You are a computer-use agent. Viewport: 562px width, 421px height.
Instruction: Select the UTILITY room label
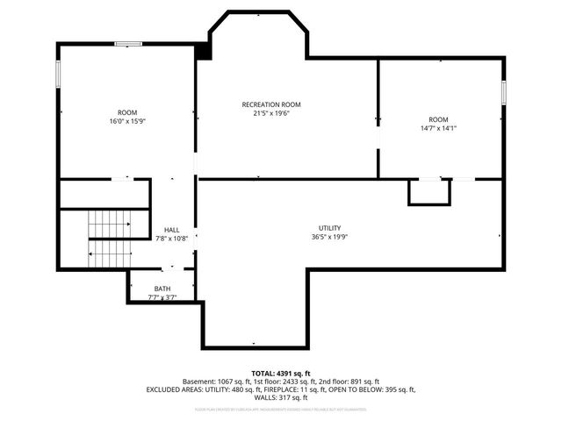[x=330, y=228]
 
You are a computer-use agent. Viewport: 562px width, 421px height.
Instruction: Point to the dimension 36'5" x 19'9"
[x=330, y=237]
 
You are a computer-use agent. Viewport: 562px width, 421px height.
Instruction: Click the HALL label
[x=171, y=230]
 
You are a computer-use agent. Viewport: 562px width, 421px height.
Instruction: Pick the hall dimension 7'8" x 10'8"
[x=171, y=239]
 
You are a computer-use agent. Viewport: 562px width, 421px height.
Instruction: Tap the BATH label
[x=162, y=289]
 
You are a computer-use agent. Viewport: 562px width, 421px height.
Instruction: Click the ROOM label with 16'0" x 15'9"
[x=127, y=112]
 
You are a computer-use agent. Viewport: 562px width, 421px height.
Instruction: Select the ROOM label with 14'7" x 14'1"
[x=438, y=119]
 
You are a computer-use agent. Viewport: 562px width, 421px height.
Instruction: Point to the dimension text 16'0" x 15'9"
[x=127, y=121]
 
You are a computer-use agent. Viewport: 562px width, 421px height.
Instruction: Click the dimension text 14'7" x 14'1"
[x=438, y=128]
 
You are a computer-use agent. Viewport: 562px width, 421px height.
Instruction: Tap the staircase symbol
[x=109, y=239]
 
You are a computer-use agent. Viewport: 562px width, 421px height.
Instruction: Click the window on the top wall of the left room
[x=128, y=43]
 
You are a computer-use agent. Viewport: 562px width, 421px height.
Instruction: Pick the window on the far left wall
[x=59, y=75]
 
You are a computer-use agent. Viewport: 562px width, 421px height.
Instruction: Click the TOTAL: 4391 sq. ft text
[x=280, y=374]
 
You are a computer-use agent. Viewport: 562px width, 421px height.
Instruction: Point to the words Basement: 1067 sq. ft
[x=220, y=382]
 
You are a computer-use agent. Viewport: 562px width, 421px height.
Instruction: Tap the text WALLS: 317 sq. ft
[x=280, y=398]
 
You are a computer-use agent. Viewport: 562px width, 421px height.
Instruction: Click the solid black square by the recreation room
[x=204, y=52]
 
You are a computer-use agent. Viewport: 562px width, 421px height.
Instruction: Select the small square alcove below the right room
[x=429, y=191]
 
